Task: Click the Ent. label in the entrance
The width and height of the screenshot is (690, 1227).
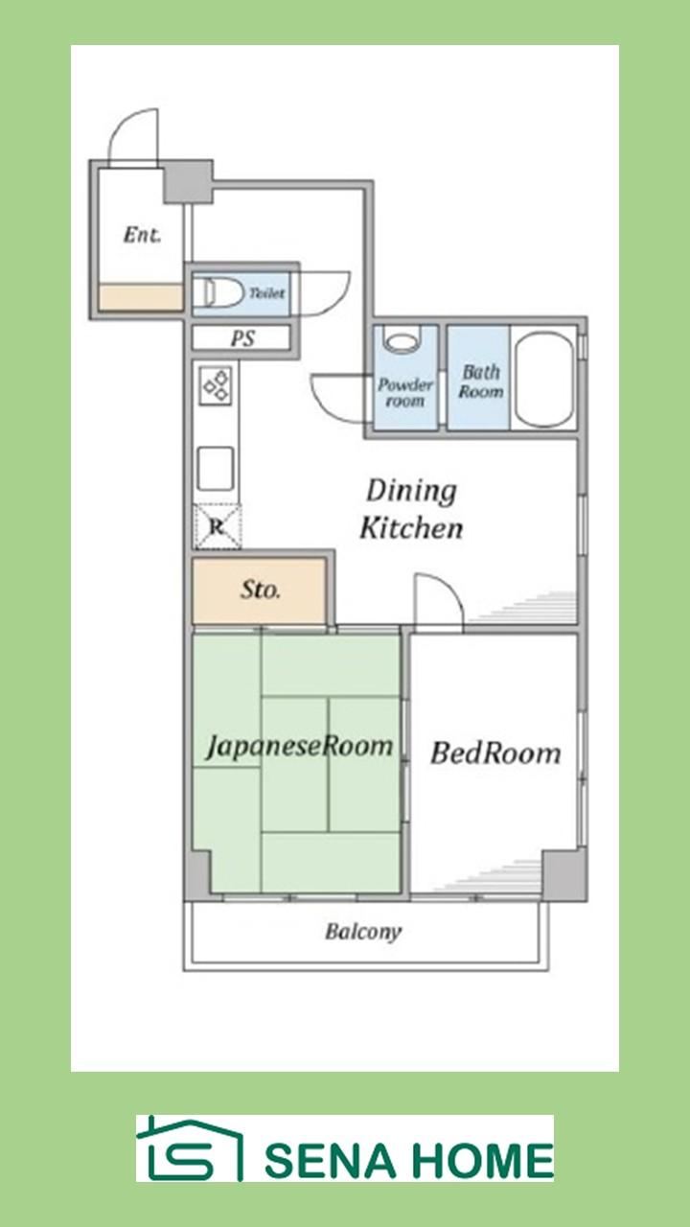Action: (x=142, y=235)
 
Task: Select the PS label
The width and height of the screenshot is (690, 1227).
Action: (x=242, y=338)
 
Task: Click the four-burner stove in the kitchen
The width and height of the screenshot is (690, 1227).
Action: (x=216, y=386)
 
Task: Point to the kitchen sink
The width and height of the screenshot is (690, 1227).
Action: (x=216, y=469)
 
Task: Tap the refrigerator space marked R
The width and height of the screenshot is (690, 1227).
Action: (x=218, y=527)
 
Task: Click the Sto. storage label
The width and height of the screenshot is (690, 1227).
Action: (x=260, y=590)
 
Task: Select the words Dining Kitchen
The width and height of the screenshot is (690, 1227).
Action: (x=411, y=509)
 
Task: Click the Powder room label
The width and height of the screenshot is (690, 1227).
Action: (x=405, y=392)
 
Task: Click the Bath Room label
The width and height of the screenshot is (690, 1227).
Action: (x=481, y=382)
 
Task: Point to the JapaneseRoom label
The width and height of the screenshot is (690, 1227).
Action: (x=300, y=747)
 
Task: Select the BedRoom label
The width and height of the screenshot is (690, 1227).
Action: (x=495, y=752)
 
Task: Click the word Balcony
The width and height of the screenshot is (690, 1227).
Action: (x=363, y=931)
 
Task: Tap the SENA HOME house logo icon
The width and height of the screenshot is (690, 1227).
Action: (x=189, y=1148)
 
